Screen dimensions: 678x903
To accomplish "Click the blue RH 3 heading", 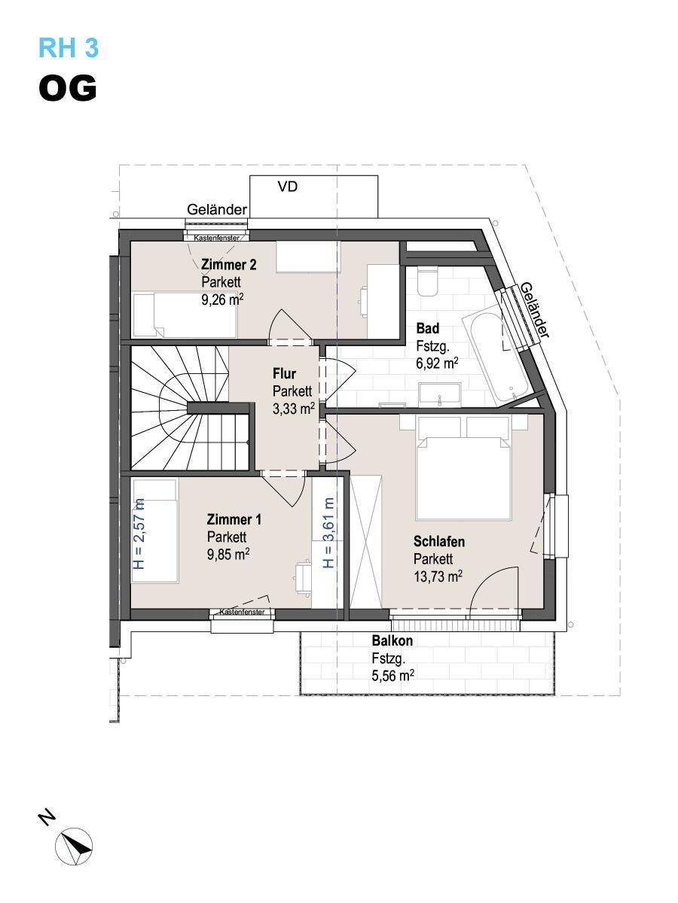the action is point(69,47).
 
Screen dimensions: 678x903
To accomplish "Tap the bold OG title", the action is point(68,89).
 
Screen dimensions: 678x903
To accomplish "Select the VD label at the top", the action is point(287,187).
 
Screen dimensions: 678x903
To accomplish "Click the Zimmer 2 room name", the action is point(228,265).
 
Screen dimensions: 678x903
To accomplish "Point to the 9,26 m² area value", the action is point(222,299).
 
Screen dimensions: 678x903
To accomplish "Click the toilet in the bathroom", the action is point(427,281).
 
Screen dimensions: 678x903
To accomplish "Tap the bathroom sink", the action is point(440,394).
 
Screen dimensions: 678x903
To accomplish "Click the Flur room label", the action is point(285,373).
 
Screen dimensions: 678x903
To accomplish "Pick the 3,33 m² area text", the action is point(294,409).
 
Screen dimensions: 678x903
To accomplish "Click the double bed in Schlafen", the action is point(463,468).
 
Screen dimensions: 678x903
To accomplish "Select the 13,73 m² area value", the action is point(438,576).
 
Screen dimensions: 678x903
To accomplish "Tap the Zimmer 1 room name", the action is point(234,519).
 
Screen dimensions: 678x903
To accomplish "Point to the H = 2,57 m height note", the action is point(140,534).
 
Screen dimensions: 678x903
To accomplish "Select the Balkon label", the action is point(392,640).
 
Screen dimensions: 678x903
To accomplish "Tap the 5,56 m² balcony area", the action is point(392,676).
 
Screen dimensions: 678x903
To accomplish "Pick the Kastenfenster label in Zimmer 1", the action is point(242,612).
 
